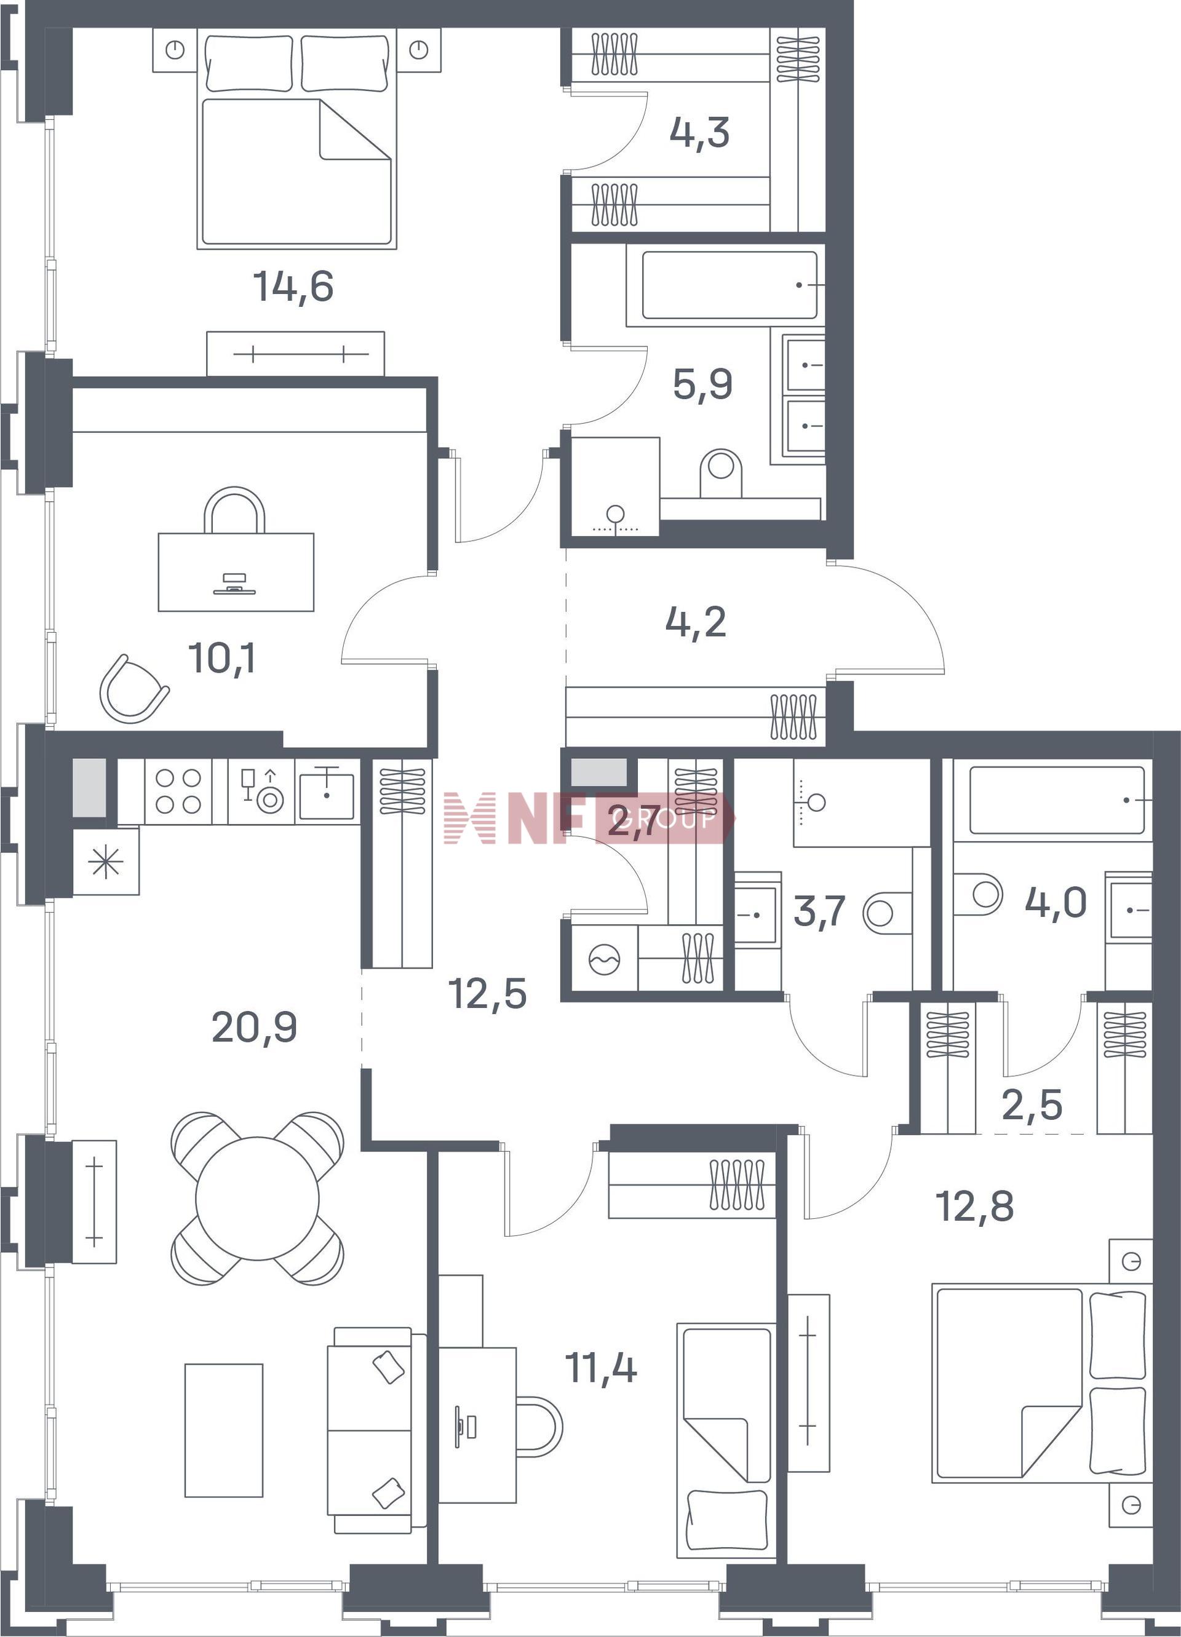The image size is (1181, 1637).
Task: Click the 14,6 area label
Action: (293, 286)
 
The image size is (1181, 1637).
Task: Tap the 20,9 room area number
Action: (254, 1027)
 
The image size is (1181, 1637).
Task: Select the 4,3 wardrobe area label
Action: (699, 133)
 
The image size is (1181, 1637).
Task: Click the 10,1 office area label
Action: (221, 657)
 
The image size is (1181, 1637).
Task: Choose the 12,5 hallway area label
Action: (487, 993)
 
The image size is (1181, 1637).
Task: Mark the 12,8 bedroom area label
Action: (974, 1205)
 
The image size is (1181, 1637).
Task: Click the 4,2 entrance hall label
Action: (696, 622)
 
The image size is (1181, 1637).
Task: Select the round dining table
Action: (257, 1198)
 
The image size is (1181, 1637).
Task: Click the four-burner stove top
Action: (178, 791)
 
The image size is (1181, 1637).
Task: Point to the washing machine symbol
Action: (603, 960)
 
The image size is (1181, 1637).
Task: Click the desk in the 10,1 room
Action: (236, 572)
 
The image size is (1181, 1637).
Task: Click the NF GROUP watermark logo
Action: (588, 818)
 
